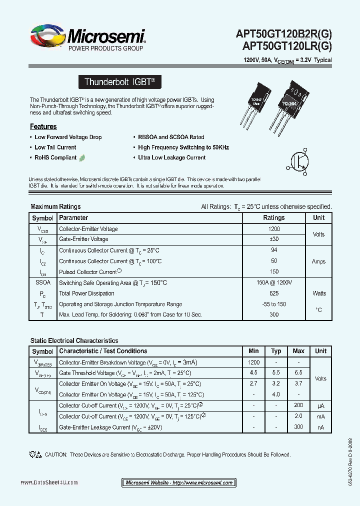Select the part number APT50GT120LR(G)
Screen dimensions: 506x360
click(286, 46)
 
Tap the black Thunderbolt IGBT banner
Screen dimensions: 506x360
click(120, 81)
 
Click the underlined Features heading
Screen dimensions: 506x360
click(43, 126)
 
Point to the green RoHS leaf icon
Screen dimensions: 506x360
click(81, 157)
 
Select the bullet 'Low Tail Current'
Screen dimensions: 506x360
click(55, 147)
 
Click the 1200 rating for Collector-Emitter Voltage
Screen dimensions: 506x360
click(273, 229)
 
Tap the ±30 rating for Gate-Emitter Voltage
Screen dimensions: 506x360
click(273, 239)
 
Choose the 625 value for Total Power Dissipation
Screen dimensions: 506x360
click(273, 293)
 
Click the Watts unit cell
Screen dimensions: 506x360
click(318, 293)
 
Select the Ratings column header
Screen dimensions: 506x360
click(273, 218)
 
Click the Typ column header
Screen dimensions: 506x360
click(276, 351)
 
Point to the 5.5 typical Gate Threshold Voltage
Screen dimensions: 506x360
click(276, 373)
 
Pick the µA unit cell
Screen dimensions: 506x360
click(320, 406)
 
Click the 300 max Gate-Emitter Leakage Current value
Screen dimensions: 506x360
click(298, 427)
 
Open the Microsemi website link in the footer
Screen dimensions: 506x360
click(179, 482)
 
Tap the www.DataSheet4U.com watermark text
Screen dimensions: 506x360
click(49, 482)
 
